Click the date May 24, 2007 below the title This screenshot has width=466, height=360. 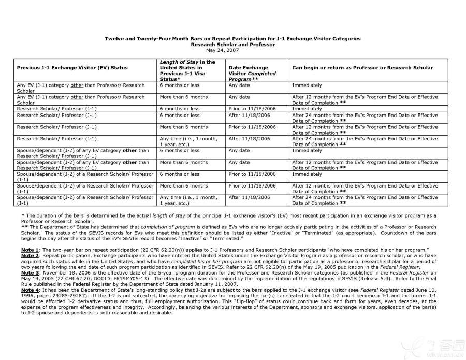point(222,50)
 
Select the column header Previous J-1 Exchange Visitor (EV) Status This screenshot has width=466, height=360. point(72,68)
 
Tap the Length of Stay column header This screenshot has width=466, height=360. point(187,70)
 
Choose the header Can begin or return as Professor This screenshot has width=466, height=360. point(362,68)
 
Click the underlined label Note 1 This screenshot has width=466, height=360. point(30,250)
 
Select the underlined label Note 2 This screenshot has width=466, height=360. point(30,256)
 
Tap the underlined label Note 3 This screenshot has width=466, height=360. point(30,272)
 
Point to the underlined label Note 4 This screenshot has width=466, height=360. point(30,290)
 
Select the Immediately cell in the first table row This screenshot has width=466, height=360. point(307,85)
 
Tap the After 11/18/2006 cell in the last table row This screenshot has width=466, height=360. point(249,197)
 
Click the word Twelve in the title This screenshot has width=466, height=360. point(115,39)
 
